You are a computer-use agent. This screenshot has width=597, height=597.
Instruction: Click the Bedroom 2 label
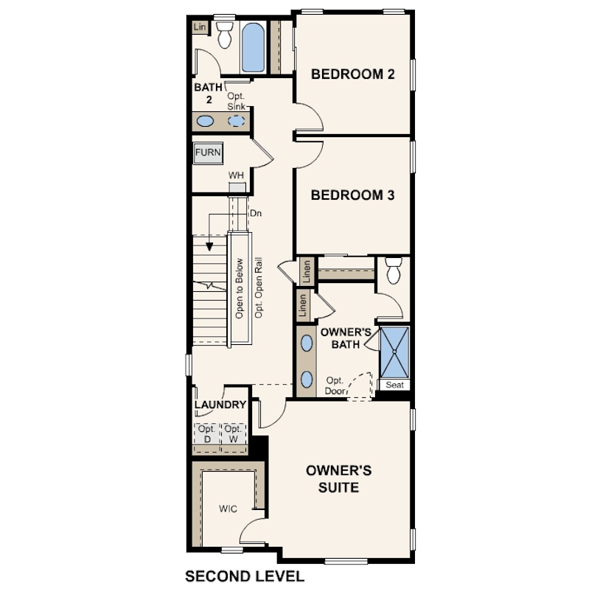click(353, 74)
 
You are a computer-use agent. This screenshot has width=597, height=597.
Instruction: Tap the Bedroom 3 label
click(352, 195)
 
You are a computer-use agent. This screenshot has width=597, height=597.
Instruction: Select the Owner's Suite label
click(338, 479)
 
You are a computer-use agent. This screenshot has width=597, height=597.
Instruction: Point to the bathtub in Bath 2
click(254, 48)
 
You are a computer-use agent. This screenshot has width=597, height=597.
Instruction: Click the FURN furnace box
click(208, 153)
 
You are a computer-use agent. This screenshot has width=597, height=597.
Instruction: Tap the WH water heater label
click(236, 175)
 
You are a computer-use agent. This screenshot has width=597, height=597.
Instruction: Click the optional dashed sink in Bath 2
click(237, 121)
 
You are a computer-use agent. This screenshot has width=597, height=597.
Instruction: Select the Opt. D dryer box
click(207, 434)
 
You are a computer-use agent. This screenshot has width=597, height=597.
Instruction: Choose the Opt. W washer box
click(234, 434)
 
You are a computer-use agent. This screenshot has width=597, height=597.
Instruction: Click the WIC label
click(228, 509)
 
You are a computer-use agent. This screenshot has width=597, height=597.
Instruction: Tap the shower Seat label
click(394, 385)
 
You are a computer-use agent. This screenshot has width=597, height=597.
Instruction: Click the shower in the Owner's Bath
click(395, 352)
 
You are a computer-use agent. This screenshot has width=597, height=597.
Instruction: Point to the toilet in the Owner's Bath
click(394, 270)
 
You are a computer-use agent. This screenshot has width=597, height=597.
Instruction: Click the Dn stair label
click(256, 214)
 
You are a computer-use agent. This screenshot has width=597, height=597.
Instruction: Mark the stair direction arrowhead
click(209, 247)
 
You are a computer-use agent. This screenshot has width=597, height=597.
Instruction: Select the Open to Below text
click(239, 289)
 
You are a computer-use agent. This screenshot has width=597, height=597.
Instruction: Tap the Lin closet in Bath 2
click(200, 27)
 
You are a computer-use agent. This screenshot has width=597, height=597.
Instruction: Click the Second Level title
click(245, 576)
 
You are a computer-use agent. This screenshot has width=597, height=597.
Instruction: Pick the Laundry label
click(220, 405)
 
